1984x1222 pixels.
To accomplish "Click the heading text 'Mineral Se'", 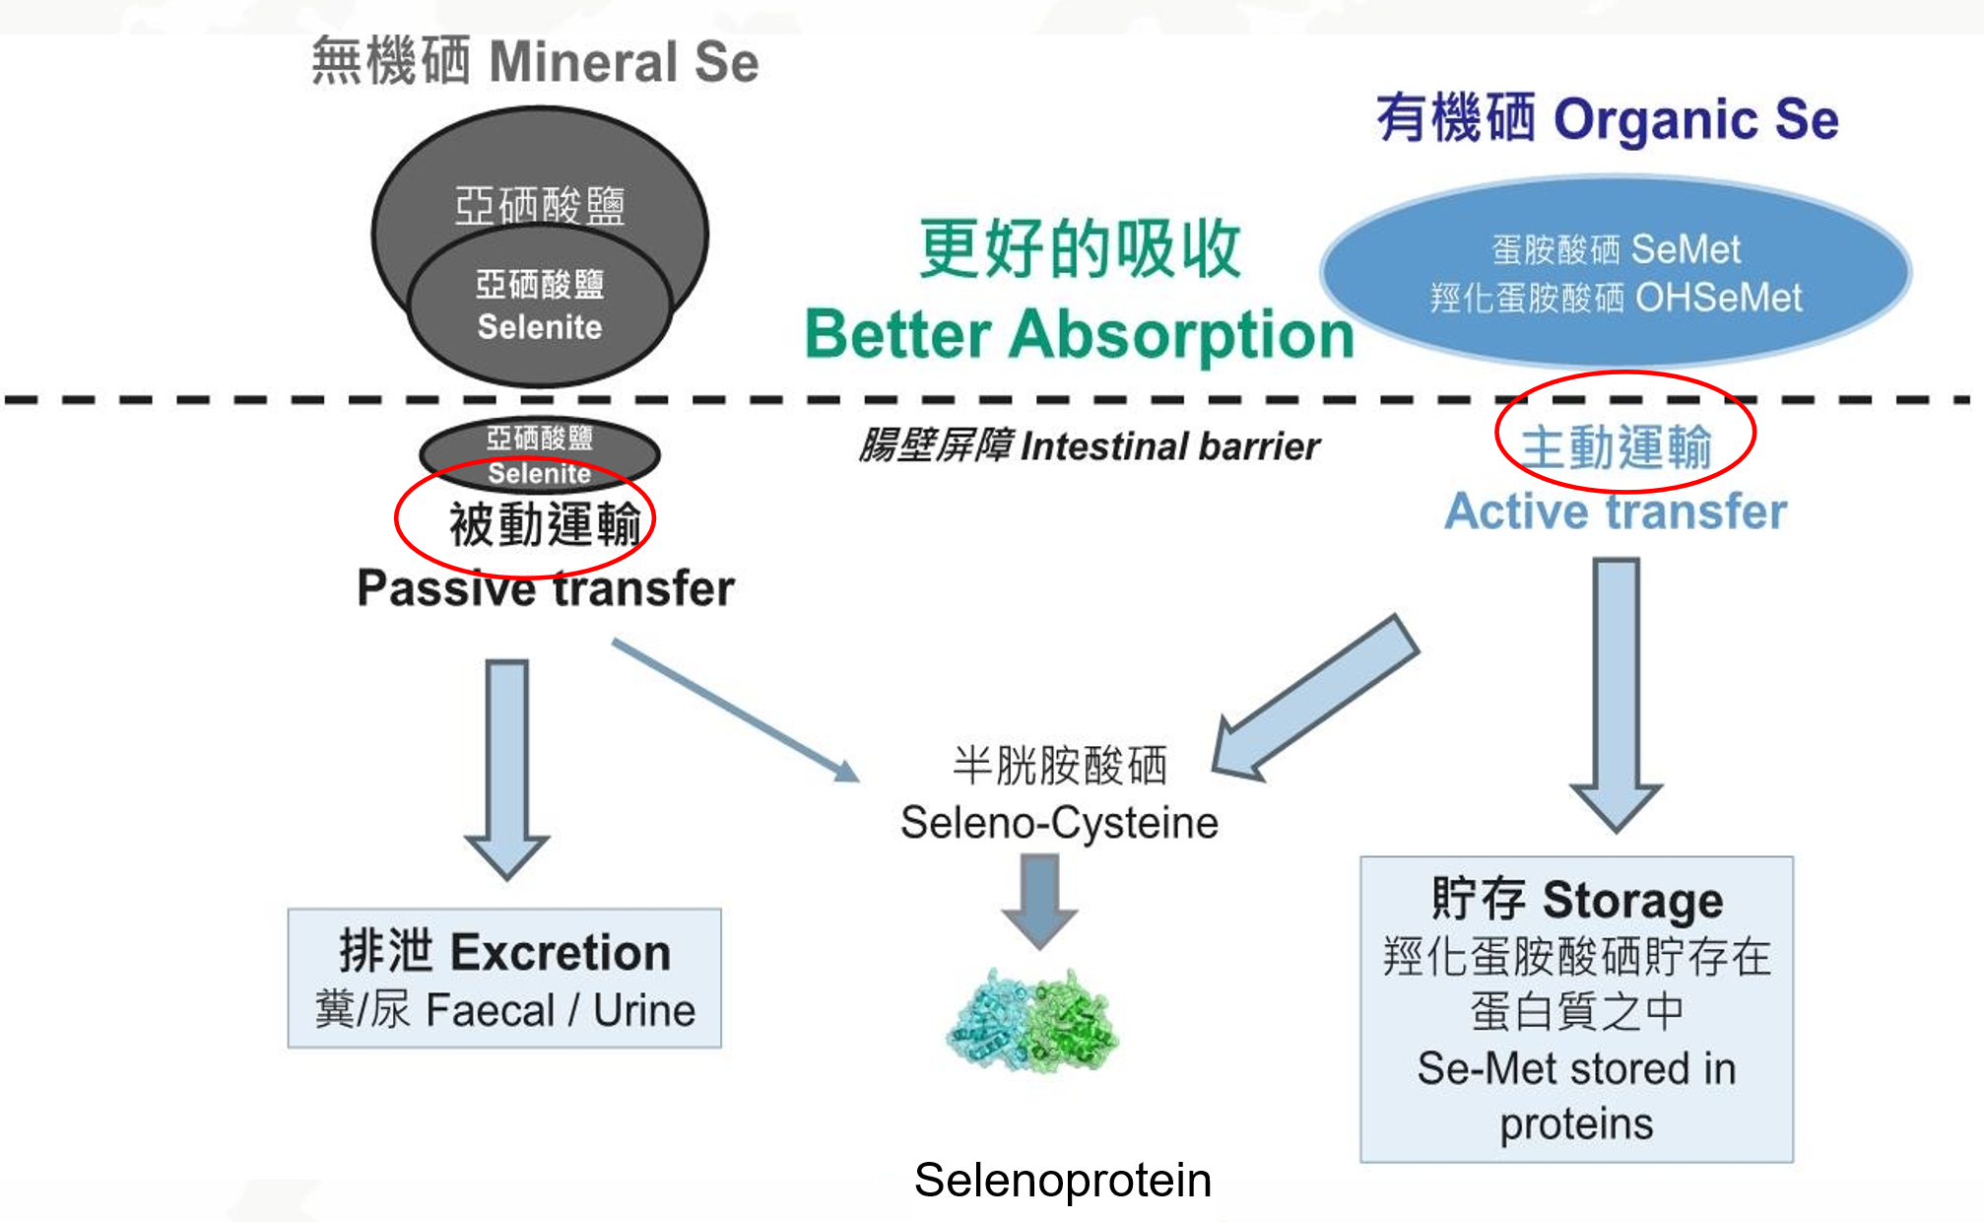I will tap(624, 62).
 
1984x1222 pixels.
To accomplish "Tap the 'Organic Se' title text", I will tap(1695, 119).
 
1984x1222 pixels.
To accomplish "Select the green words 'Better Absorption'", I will tap(1079, 334).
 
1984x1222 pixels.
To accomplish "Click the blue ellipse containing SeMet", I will tap(1616, 272).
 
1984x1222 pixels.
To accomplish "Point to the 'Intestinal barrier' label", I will tap(1170, 446).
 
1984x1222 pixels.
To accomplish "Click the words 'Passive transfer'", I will tap(546, 588).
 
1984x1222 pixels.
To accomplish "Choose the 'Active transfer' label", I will tap(1616, 511).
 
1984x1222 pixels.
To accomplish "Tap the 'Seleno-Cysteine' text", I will tap(1059, 822).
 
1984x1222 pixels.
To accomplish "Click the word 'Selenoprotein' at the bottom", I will tap(1062, 1180).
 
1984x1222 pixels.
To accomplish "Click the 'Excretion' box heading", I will tap(560, 952).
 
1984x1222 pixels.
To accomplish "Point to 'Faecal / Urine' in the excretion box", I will tap(560, 1010).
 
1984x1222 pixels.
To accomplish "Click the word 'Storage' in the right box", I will tap(1632, 900).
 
